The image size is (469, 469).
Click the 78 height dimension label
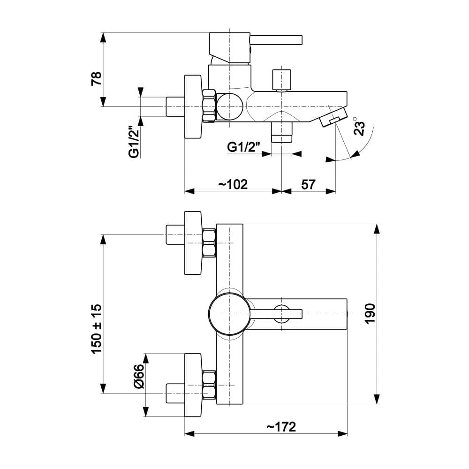96,79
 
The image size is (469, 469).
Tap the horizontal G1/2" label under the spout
243,147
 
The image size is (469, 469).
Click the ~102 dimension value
233,184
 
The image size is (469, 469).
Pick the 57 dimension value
308,184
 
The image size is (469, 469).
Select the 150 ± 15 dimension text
96,329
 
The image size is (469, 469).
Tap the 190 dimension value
370,313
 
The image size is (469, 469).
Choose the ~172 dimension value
281,427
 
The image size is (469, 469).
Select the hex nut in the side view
209,106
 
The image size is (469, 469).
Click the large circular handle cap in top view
230,314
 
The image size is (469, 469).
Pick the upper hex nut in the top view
209,243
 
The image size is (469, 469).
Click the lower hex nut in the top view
209,385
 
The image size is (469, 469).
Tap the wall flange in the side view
193,106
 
